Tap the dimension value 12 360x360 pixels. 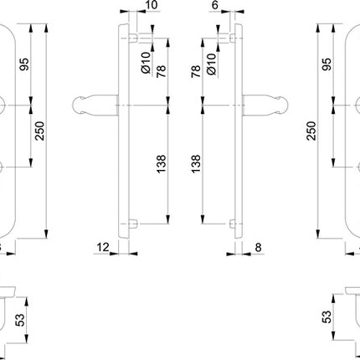102,247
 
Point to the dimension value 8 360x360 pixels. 258,247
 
